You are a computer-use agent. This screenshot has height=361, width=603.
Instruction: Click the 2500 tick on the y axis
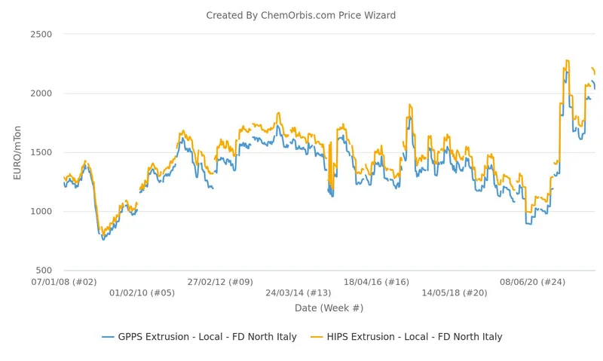pos(41,34)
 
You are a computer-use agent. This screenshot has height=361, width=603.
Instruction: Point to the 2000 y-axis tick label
pos(41,93)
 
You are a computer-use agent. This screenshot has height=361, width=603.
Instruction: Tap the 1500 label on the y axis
pos(41,152)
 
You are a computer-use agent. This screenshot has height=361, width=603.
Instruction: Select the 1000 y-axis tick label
pos(41,211)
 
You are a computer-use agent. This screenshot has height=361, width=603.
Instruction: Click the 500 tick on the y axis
pos(44,271)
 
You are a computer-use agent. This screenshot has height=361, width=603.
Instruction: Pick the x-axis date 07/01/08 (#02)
pos(64,282)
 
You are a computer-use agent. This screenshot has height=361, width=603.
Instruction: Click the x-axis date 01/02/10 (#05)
pos(142,292)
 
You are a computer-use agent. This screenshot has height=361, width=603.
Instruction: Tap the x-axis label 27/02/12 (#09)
pos(220,282)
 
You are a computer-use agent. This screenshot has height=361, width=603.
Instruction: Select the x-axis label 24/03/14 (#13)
pos(298,292)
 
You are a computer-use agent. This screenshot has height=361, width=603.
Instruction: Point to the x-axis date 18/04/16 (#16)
pos(376,282)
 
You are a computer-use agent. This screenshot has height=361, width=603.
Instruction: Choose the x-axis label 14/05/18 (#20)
pos(455,292)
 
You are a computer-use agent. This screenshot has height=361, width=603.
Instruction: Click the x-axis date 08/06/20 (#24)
pos(533,282)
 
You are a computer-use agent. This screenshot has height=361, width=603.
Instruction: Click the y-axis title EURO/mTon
pos(17,153)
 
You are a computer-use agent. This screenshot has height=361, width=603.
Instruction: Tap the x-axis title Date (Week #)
pos(329,308)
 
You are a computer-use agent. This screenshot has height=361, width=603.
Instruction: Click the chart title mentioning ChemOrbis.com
pos(301,15)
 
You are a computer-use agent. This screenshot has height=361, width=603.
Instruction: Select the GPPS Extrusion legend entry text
pos(207,337)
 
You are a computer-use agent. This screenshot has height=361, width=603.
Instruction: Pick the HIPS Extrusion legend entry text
pos(415,337)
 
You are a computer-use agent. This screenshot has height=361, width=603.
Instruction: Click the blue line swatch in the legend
pos(108,337)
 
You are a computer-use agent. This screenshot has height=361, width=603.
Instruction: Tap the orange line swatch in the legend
pos(317,337)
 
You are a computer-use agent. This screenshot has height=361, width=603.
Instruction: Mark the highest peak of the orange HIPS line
pos(568,60)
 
